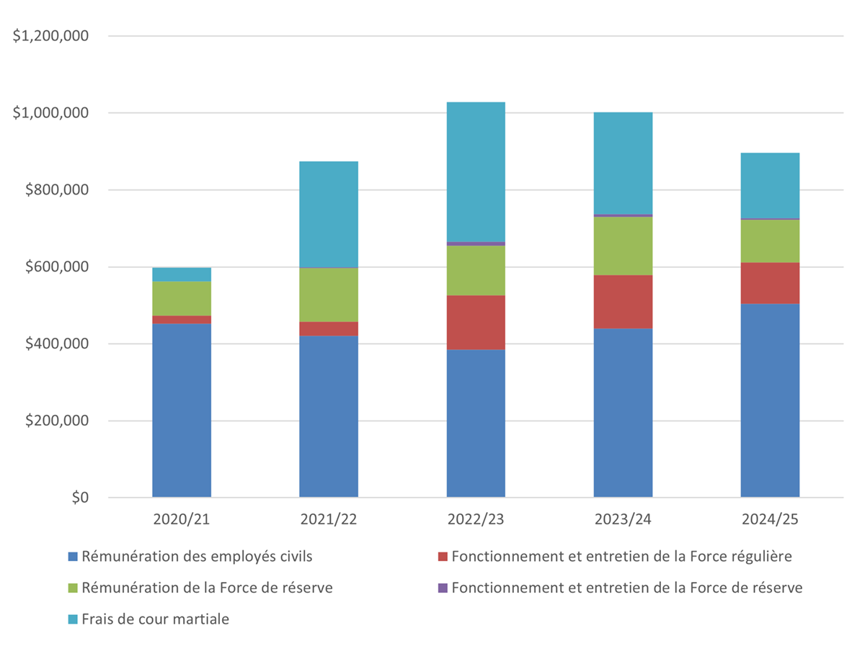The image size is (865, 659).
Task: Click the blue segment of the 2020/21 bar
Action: [x=182, y=411]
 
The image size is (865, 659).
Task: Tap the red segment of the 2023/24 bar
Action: [x=623, y=301]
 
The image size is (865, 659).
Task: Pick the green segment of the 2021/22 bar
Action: [x=329, y=295]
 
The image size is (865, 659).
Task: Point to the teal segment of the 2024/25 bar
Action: [x=770, y=185]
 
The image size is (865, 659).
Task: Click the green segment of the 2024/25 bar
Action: [x=770, y=241]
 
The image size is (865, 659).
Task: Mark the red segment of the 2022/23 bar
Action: [x=476, y=322]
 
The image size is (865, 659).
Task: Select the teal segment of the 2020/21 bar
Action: [x=182, y=274]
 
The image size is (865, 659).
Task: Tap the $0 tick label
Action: [x=76, y=498]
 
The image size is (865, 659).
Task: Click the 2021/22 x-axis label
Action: [x=329, y=520]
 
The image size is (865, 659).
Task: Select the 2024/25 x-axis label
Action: [x=770, y=520]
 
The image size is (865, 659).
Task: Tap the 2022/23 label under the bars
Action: [x=476, y=520]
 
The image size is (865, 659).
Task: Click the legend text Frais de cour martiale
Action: [x=155, y=619]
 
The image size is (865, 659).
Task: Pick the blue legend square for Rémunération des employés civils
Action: [x=72, y=557]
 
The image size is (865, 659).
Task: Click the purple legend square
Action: [x=443, y=588]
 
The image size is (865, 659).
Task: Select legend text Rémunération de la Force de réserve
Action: [x=207, y=588]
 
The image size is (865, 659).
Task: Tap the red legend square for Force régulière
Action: [x=443, y=557]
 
